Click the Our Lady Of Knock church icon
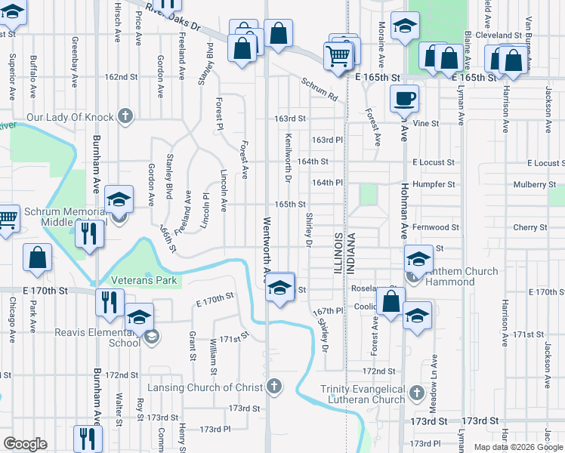point(125,117)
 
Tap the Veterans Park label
point(144,280)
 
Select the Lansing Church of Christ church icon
point(274,387)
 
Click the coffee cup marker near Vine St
point(404,98)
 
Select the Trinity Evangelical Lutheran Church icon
point(415,393)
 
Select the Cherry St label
point(529,226)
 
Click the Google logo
point(25,443)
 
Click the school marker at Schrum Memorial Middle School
point(119,200)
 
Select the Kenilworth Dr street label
point(288,159)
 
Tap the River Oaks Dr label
point(174,16)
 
